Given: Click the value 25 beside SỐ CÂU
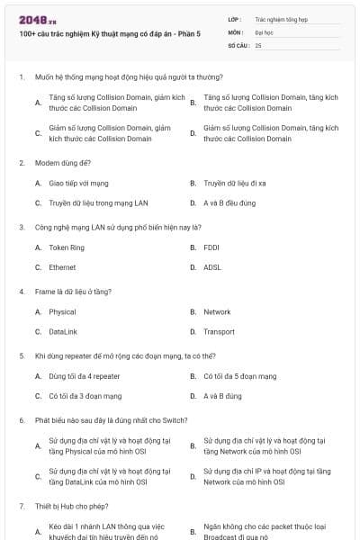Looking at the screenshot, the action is (x=259, y=44).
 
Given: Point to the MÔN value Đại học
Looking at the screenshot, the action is (x=264, y=31).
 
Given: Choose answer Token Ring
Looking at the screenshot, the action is (x=67, y=247).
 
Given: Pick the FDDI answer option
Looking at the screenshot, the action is (x=211, y=247).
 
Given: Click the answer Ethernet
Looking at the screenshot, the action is (x=62, y=267).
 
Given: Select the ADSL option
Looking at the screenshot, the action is (x=212, y=267).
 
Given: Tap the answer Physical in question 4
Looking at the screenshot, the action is (x=62, y=312).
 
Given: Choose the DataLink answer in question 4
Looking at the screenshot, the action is (x=63, y=332).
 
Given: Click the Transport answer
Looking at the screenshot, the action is (x=219, y=332).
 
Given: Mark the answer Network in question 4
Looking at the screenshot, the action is (x=217, y=312).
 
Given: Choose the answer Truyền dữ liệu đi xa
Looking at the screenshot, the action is (x=236, y=183).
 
